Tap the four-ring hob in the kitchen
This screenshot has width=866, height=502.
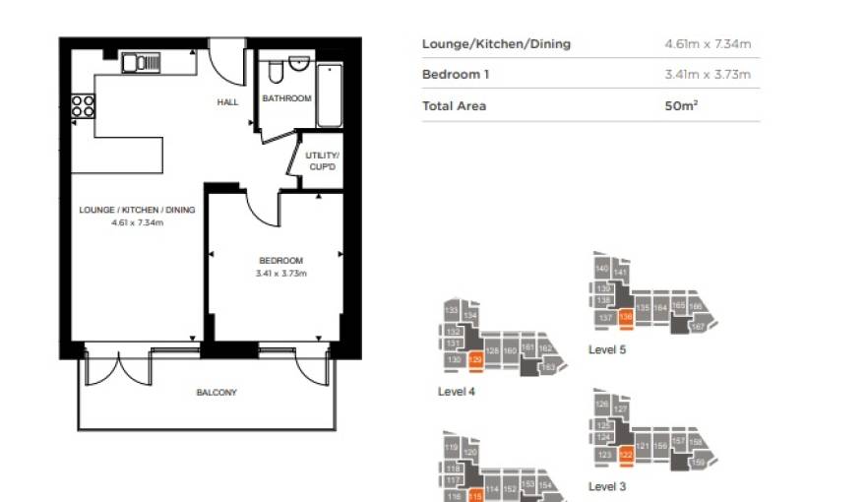point(83,105)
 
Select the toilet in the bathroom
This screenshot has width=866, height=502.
point(276,73)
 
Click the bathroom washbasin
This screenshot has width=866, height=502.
point(299,64)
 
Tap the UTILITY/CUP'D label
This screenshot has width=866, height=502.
point(322,160)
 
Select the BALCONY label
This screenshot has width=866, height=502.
point(216,393)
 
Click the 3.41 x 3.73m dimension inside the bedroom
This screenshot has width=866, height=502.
point(281,273)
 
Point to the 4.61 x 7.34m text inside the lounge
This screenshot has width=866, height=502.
point(138,223)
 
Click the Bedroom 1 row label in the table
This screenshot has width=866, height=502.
point(456,75)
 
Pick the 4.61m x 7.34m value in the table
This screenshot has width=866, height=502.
point(708,44)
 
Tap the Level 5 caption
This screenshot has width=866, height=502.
point(607,349)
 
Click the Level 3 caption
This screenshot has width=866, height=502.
point(607,486)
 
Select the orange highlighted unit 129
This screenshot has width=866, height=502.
point(477,361)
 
